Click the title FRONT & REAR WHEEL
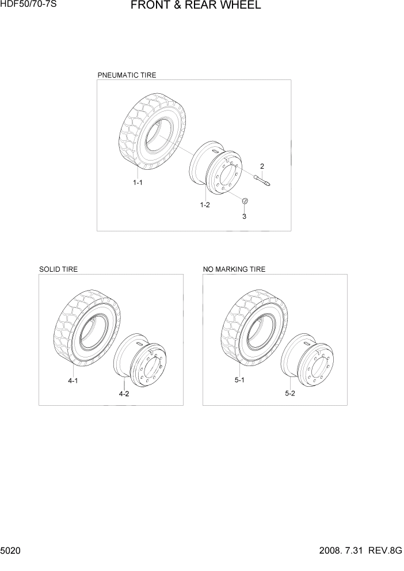coord(196,6)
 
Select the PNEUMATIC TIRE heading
coord(127,75)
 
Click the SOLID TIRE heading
coord(58,269)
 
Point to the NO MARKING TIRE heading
coord(234,269)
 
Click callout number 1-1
coord(138,182)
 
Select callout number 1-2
coord(204,205)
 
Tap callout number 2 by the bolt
coord(262,166)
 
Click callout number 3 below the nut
coord(244,216)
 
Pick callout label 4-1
coord(73,380)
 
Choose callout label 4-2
coord(124,394)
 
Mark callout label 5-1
coord(239,380)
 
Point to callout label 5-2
coord(290,394)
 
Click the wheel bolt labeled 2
coord(264,180)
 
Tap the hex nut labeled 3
coord(244,201)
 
